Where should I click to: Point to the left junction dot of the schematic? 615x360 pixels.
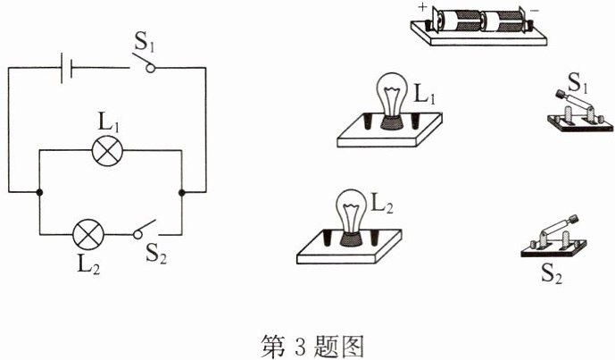coord(39,192)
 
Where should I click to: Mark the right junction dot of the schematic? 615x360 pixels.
coord(182,192)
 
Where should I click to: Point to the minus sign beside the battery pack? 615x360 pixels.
coord(535,11)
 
